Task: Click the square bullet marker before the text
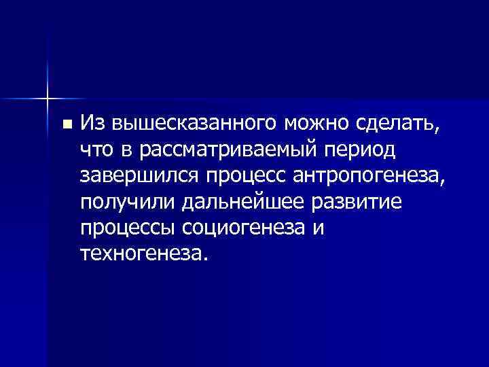(x=66, y=125)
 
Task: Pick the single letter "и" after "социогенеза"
(x=319, y=229)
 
